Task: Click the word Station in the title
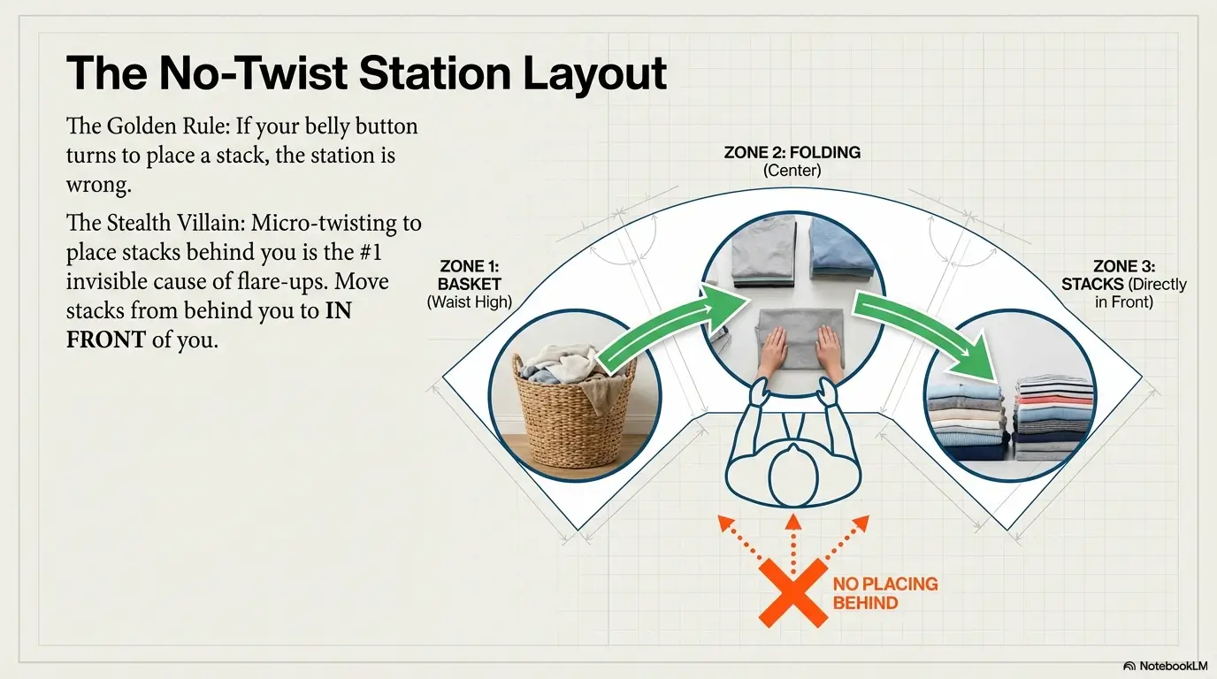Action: [434, 73]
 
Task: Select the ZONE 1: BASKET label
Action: [469, 276]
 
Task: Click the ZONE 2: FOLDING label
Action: [792, 153]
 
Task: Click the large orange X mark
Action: [793, 593]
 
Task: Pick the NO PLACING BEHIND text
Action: [885, 593]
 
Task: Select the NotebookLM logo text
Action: [1174, 666]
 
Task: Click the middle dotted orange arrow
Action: [793, 543]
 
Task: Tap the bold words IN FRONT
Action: [209, 324]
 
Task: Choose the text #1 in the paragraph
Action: [371, 252]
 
